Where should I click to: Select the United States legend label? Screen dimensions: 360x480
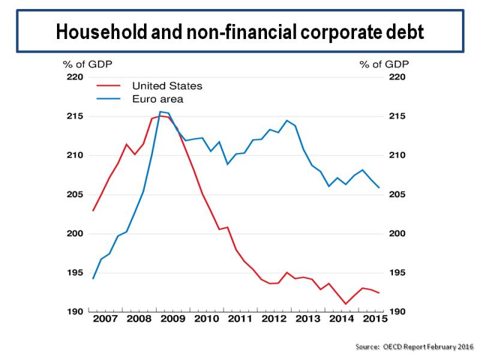(x=167, y=86)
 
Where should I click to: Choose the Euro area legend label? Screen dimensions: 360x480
(x=157, y=99)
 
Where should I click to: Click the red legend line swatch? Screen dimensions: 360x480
(x=109, y=86)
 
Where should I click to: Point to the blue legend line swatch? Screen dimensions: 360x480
(x=109, y=99)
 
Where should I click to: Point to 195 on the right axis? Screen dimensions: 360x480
(x=401, y=273)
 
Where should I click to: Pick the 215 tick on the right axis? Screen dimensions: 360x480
(x=401, y=116)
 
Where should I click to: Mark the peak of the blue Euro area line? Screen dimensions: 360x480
(x=160, y=112)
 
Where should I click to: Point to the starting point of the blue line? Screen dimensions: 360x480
(x=93, y=278)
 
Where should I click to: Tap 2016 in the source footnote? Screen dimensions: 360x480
(x=464, y=347)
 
